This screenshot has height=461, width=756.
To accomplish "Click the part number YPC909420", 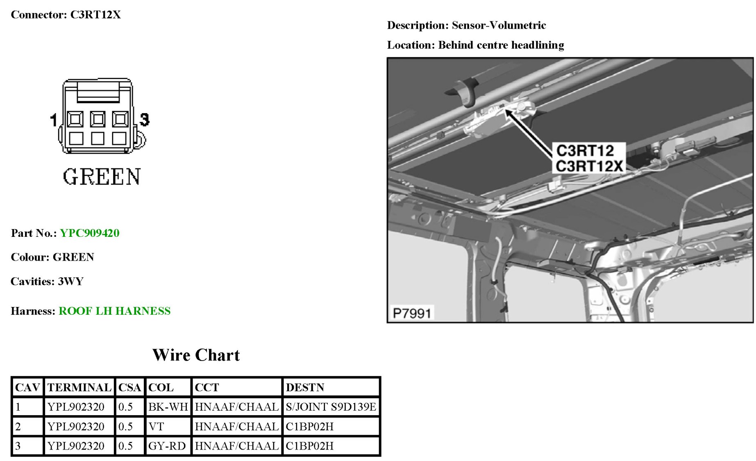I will [89, 233].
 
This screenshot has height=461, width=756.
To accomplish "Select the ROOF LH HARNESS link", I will [114, 311].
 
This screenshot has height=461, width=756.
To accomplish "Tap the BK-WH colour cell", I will [168, 407].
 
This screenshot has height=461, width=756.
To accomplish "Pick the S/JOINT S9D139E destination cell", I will [330, 407].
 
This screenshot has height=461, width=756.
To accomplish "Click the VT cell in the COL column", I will [156, 427].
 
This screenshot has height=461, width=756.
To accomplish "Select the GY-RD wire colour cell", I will [167, 446].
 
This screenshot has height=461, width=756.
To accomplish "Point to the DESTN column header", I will [305, 387].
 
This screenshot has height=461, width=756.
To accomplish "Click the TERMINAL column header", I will [79, 387].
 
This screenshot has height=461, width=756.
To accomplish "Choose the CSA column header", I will [129, 387].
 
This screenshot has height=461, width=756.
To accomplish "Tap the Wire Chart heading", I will [196, 355].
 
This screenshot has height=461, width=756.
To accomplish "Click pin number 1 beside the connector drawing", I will [53, 120].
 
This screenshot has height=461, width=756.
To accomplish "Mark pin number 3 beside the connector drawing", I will [144, 120].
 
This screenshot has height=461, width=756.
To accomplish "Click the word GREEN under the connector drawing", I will [102, 177].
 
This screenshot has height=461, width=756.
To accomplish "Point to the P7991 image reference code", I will [411, 313].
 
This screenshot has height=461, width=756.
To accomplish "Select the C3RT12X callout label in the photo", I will [589, 166].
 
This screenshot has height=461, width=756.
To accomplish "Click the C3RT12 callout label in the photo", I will [585, 151].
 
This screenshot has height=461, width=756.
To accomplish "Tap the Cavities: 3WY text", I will [47, 282].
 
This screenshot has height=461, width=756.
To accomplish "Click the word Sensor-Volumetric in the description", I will [499, 25].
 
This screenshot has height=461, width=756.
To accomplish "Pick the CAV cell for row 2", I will [18, 427].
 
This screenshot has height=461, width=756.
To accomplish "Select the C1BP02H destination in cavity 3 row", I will [309, 446].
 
